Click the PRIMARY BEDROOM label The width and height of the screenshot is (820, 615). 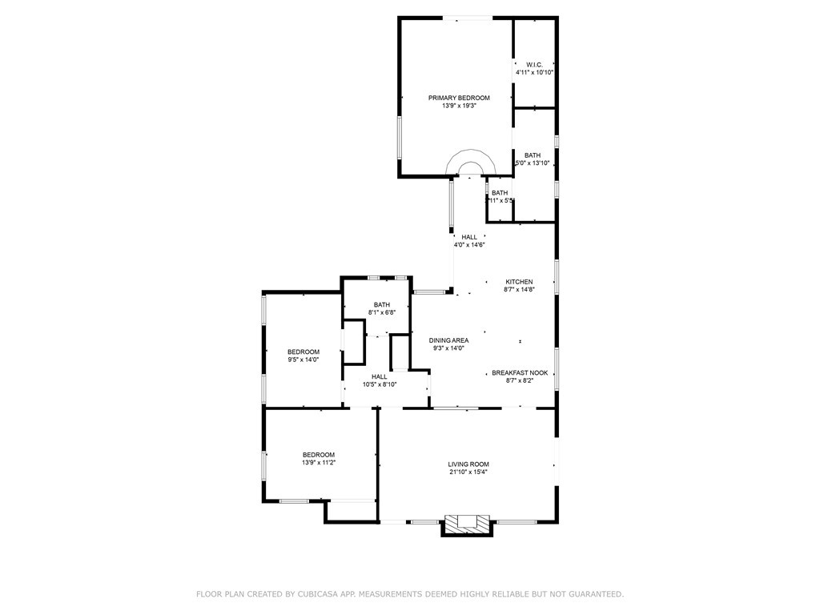[459, 98]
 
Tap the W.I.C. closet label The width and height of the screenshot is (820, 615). [534, 64]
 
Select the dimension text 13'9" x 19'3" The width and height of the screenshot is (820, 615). [459, 106]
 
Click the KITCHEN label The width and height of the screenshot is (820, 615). [519, 282]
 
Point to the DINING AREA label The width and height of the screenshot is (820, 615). [448, 340]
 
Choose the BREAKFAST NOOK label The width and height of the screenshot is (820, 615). [520, 372]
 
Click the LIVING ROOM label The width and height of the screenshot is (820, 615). [468, 464]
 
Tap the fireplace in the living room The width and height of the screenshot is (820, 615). [467, 524]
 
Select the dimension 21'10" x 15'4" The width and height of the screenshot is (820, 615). [468, 472]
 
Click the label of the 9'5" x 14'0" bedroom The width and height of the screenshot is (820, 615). [303, 352]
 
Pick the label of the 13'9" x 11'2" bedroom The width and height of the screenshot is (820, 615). [318, 454]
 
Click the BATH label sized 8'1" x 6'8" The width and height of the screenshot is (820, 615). [381, 304]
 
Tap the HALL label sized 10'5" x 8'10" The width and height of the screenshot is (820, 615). [379, 376]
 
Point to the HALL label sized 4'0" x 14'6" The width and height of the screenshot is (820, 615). [469, 237]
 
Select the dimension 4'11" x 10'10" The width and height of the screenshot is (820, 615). [534, 72]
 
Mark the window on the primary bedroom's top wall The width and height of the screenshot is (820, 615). [468, 18]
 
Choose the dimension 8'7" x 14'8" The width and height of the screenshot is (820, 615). [519, 290]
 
